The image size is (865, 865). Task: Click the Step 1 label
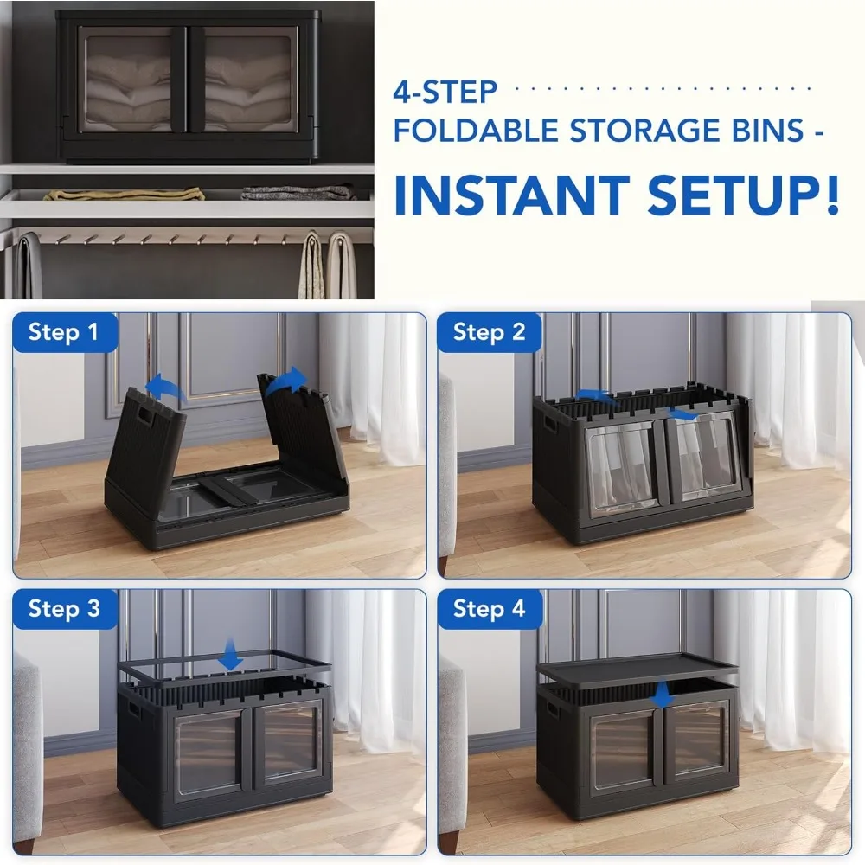click(x=63, y=332)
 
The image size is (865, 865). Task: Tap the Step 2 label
click(x=489, y=332)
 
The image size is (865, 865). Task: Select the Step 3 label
click(x=64, y=609)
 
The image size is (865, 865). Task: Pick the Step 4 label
click(x=489, y=609)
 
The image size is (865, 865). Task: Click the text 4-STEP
click(x=445, y=92)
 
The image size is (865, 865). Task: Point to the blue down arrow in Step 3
click(x=230, y=655)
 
